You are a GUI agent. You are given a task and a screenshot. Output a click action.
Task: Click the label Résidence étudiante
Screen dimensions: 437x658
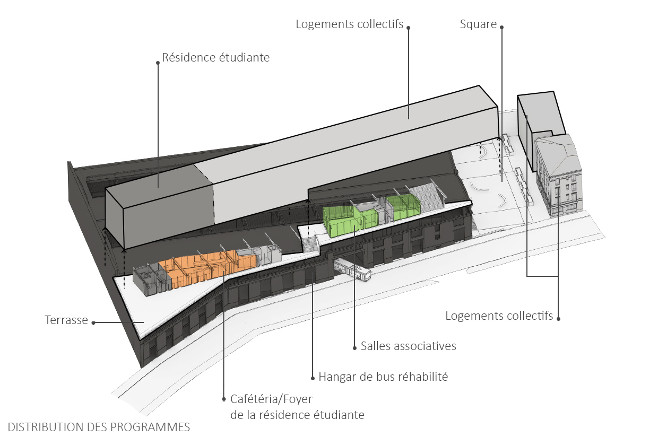point(216,57)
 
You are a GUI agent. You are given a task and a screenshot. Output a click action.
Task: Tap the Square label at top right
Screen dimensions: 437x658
point(478,24)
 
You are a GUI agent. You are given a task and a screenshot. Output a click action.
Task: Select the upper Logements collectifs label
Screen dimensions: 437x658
point(349,24)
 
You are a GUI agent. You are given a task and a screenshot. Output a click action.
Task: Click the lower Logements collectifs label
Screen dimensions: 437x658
point(499,316)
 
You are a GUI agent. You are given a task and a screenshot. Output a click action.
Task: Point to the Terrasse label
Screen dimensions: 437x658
point(66,320)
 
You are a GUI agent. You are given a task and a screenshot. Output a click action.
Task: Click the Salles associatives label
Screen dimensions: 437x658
point(408,346)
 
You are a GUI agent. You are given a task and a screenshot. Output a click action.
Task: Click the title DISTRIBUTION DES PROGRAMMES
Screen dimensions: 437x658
point(99,427)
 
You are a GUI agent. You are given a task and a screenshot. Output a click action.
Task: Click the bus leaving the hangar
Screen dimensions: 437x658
point(352,269)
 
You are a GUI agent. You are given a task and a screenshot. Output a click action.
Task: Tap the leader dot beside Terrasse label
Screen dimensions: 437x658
point(93,322)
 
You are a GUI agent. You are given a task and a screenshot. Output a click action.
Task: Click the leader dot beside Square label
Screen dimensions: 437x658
point(501,27)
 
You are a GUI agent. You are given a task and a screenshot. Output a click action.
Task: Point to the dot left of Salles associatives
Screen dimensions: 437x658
point(354,348)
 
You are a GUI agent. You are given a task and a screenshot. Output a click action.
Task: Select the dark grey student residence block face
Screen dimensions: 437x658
point(159,209)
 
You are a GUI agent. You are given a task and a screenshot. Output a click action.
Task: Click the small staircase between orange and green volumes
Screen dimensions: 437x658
point(310,244)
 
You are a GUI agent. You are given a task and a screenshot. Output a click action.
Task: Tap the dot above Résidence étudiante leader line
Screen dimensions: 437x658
point(158,63)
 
